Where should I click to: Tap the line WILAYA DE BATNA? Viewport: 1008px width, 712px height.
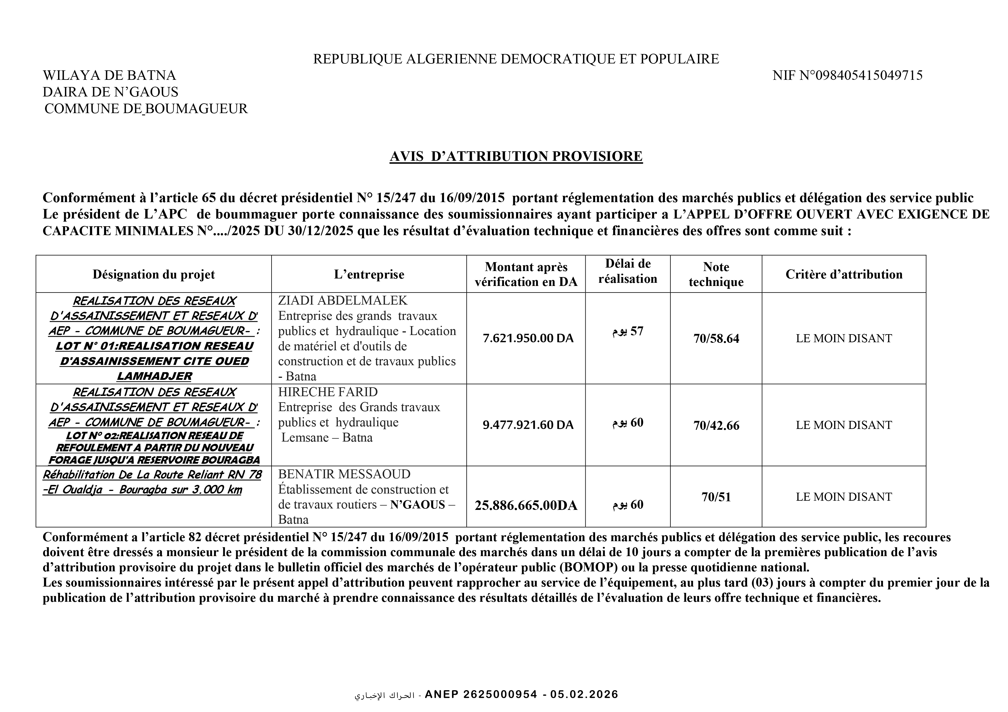pyautogui.click(x=109, y=76)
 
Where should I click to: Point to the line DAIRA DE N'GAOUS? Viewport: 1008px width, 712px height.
pyautogui.click(x=111, y=92)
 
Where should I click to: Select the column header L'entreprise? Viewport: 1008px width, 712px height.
pyautogui.click(x=369, y=275)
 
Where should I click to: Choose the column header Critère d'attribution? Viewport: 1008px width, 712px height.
pyautogui.click(x=844, y=275)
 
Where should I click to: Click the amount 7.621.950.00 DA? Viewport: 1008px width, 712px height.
pyautogui.click(x=528, y=338)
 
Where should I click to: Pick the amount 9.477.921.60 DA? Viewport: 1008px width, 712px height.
pyautogui.click(x=528, y=425)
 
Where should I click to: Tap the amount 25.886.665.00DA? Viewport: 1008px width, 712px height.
pyautogui.click(x=526, y=506)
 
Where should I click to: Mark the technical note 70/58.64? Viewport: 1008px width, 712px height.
pyautogui.click(x=716, y=339)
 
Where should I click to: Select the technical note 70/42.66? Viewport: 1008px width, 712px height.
pyautogui.click(x=716, y=425)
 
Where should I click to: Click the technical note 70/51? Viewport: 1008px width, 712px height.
pyautogui.click(x=716, y=497)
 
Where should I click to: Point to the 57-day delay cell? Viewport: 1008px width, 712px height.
pyautogui.click(x=628, y=332)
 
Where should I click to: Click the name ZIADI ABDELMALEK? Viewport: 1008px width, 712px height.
pyautogui.click(x=343, y=301)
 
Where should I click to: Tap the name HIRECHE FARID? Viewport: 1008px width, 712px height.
pyautogui.click(x=328, y=392)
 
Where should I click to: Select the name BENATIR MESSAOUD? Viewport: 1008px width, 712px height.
pyautogui.click(x=344, y=474)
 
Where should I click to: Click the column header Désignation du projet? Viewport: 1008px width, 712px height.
pyautogui.click(x=154, y=275)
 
